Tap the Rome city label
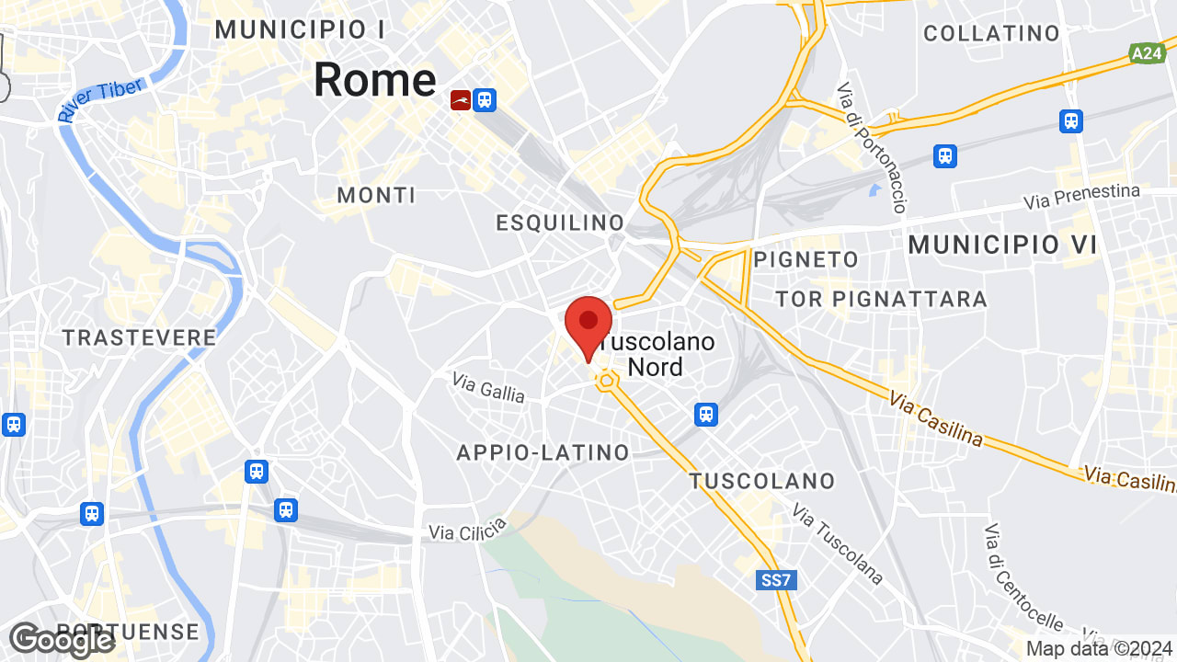click(374, 80)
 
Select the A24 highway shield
click(1147, 54)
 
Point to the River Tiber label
click(100, 100)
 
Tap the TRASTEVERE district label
click(140, 337)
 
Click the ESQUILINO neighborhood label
click(560, 223)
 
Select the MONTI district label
click(376, 195)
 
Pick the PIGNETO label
click(806, 260)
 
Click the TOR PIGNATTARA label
click(881, 299)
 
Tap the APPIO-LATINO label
click(543, 452)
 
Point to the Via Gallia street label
click(488, 387)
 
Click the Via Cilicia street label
click(468, 530)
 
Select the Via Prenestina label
click(1082, 197)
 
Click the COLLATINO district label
click(991, 34)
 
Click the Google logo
click(62, 640)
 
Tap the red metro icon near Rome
click(461, 99)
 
